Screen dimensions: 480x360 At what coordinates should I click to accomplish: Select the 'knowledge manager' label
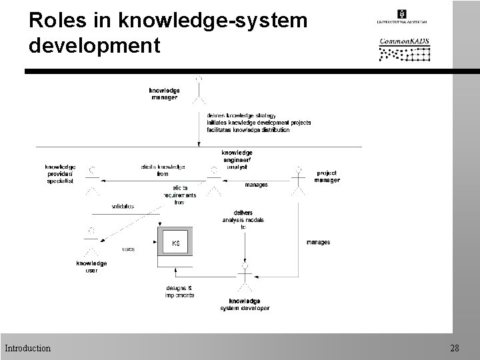click(x=164, y=93)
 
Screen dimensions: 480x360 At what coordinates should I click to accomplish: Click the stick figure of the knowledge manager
click(x=198, y=92)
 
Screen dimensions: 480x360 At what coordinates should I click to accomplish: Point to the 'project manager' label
click(x=327, y=176)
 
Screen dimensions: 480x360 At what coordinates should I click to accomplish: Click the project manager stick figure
click(x=299, y=181)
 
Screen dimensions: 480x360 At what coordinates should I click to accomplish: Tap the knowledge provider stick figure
click(x=93, y=180)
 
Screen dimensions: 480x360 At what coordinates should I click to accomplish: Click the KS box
click(x=175, y=243)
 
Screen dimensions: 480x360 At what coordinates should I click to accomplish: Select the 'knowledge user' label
click(x=91, y=267)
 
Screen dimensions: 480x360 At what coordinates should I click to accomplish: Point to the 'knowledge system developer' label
click(x=245, y=305)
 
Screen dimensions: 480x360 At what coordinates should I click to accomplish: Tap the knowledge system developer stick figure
click(x=246, y=279)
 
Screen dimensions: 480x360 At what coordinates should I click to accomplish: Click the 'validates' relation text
click(x=123, y=206)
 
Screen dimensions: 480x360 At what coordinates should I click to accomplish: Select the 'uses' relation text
click(x=129, y=249)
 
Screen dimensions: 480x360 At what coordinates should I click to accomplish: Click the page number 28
click(x=455, y=348)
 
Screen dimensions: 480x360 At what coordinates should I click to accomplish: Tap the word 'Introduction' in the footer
click(x=27, y=348)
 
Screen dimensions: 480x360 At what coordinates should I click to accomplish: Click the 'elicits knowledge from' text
click(x=163, y=170)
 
